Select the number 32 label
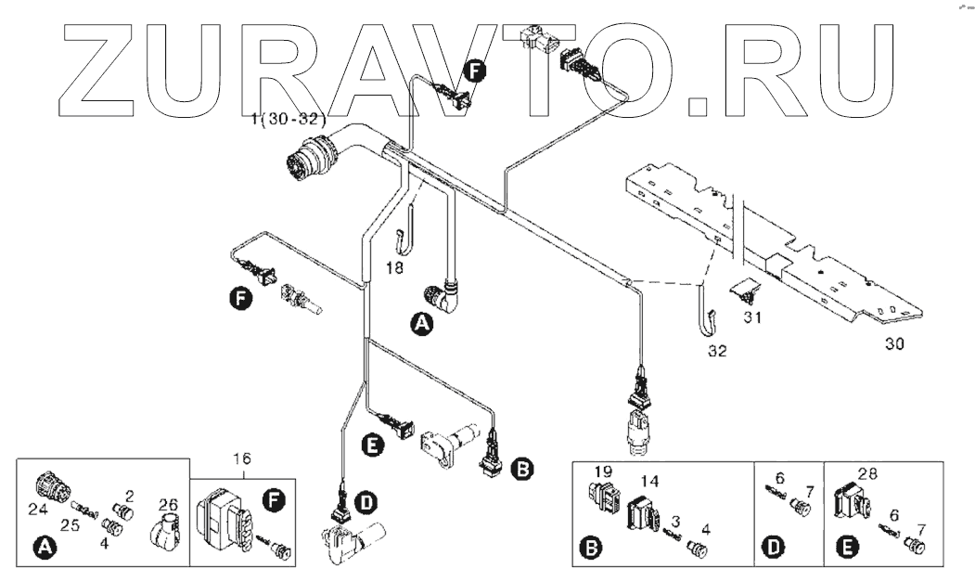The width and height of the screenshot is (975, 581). (x=717, y=352)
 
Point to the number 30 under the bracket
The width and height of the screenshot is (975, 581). (x=892, y=342)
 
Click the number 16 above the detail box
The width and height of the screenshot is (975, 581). (x=241, y=458)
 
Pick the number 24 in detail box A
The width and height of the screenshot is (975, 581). (x=37, y=510)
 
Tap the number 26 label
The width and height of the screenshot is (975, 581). (x=168, y=504)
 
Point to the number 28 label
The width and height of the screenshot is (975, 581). (x=867, y=474)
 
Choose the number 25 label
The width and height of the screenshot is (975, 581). (x=70, y=525)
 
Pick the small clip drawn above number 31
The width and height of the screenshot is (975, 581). (x=742, y=292)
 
